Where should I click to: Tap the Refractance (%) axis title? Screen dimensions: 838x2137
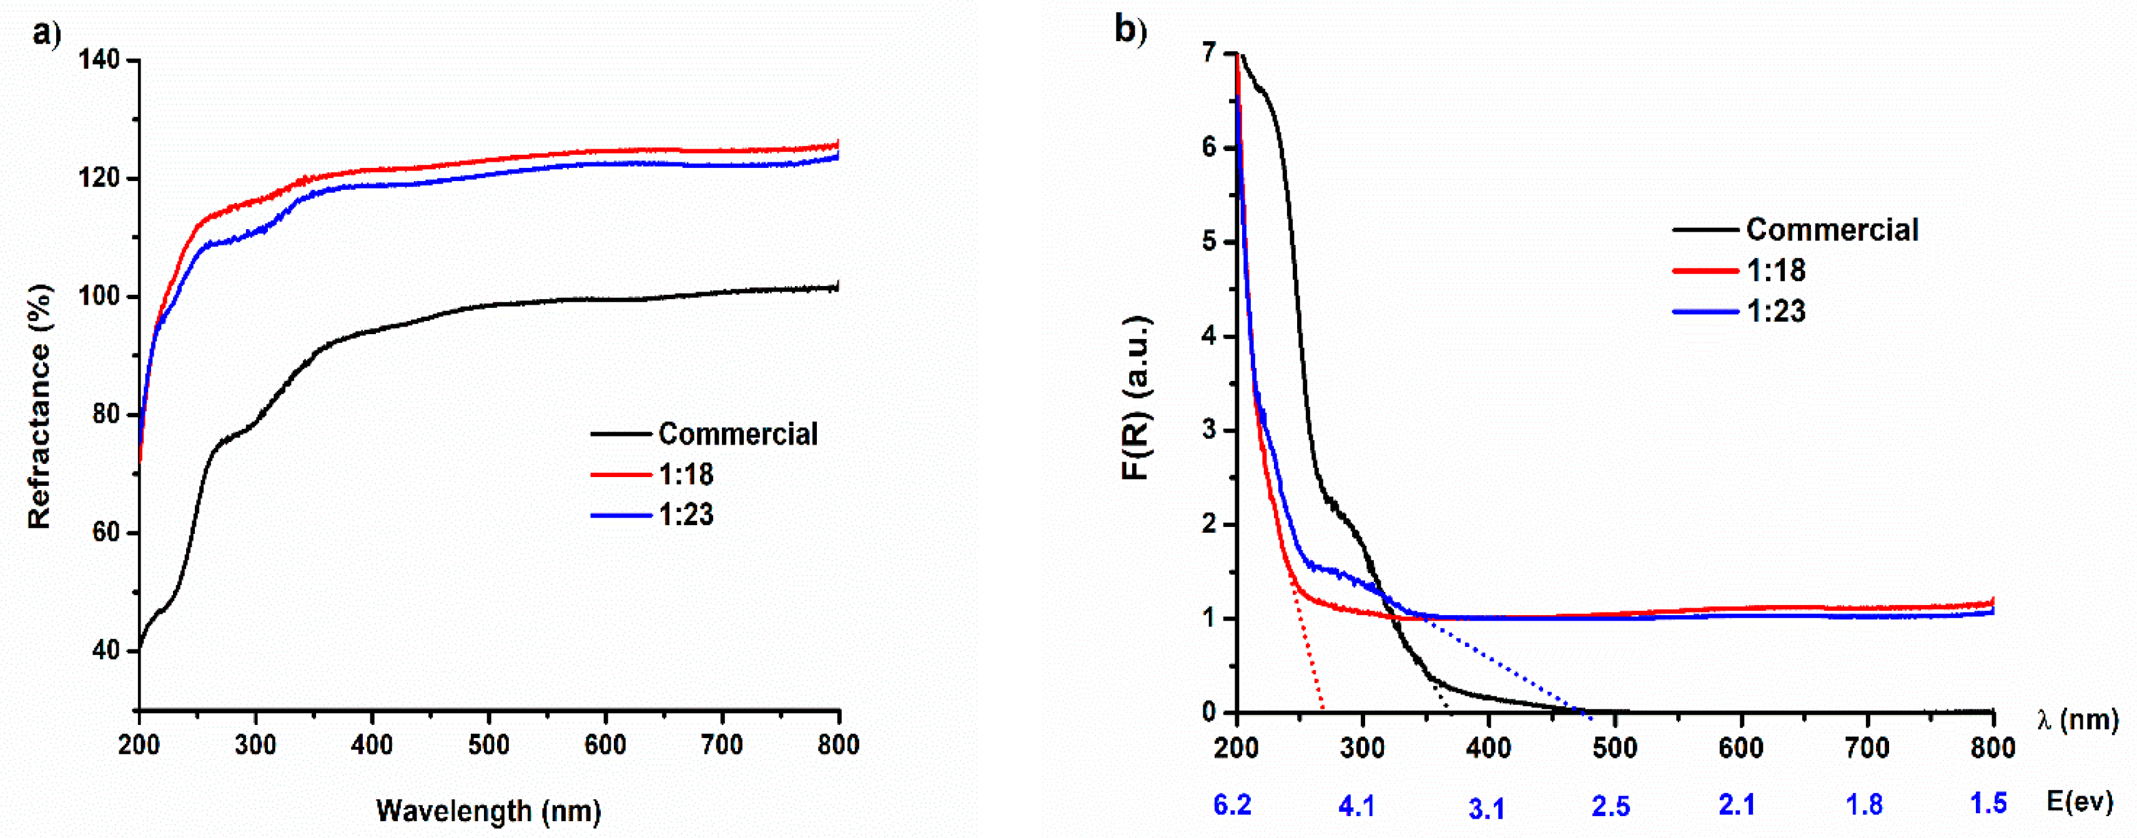tap(39, 407)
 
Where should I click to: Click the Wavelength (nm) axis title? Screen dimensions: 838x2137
tap(488, 811)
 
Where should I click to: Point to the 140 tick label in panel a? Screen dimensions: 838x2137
tap(99, 60)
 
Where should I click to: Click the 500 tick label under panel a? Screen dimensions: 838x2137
tap(488, 745)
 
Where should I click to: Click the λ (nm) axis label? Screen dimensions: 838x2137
tap(2076, 719)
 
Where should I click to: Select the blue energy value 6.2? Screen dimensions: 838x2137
tap(1232, 805)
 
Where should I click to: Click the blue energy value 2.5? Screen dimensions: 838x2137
tap(1610, 807)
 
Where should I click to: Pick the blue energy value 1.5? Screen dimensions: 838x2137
tap(1988, 803)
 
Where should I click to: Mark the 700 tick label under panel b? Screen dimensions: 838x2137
tap(1867, 748)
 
